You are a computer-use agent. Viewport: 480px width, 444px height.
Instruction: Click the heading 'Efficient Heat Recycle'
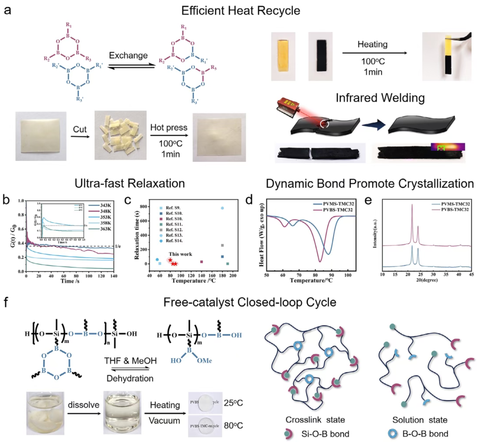pos(240,11)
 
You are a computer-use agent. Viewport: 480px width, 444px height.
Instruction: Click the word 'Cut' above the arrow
pos(80,129)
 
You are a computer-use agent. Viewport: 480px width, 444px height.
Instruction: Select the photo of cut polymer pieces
pos(120,135)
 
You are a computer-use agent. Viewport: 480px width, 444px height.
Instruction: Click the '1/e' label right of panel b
pos(118,246)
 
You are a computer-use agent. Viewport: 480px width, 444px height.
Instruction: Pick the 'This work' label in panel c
pos(180,254)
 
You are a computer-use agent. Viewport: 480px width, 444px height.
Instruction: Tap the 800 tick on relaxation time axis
pos(143,207)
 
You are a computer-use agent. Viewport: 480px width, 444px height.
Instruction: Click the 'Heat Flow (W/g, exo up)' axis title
pos(261,235)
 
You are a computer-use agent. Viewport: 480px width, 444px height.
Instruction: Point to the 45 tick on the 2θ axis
pos(471,274)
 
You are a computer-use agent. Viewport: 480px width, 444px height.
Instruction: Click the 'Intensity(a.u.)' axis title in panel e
pos(375,234)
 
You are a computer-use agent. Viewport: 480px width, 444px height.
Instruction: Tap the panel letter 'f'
pos(6,302)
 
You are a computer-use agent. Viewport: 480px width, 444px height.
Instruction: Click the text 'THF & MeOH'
pos(130,361)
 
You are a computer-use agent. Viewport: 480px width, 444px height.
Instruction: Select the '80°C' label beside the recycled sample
pos(233,425)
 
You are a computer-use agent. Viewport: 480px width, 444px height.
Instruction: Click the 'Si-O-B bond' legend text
pos(325,434)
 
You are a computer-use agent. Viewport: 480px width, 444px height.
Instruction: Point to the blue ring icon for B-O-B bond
pos(393,434)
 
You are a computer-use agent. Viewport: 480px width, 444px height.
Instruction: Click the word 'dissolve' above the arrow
pos(83,405)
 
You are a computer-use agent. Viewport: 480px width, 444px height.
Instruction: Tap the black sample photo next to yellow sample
pos(320,56)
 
